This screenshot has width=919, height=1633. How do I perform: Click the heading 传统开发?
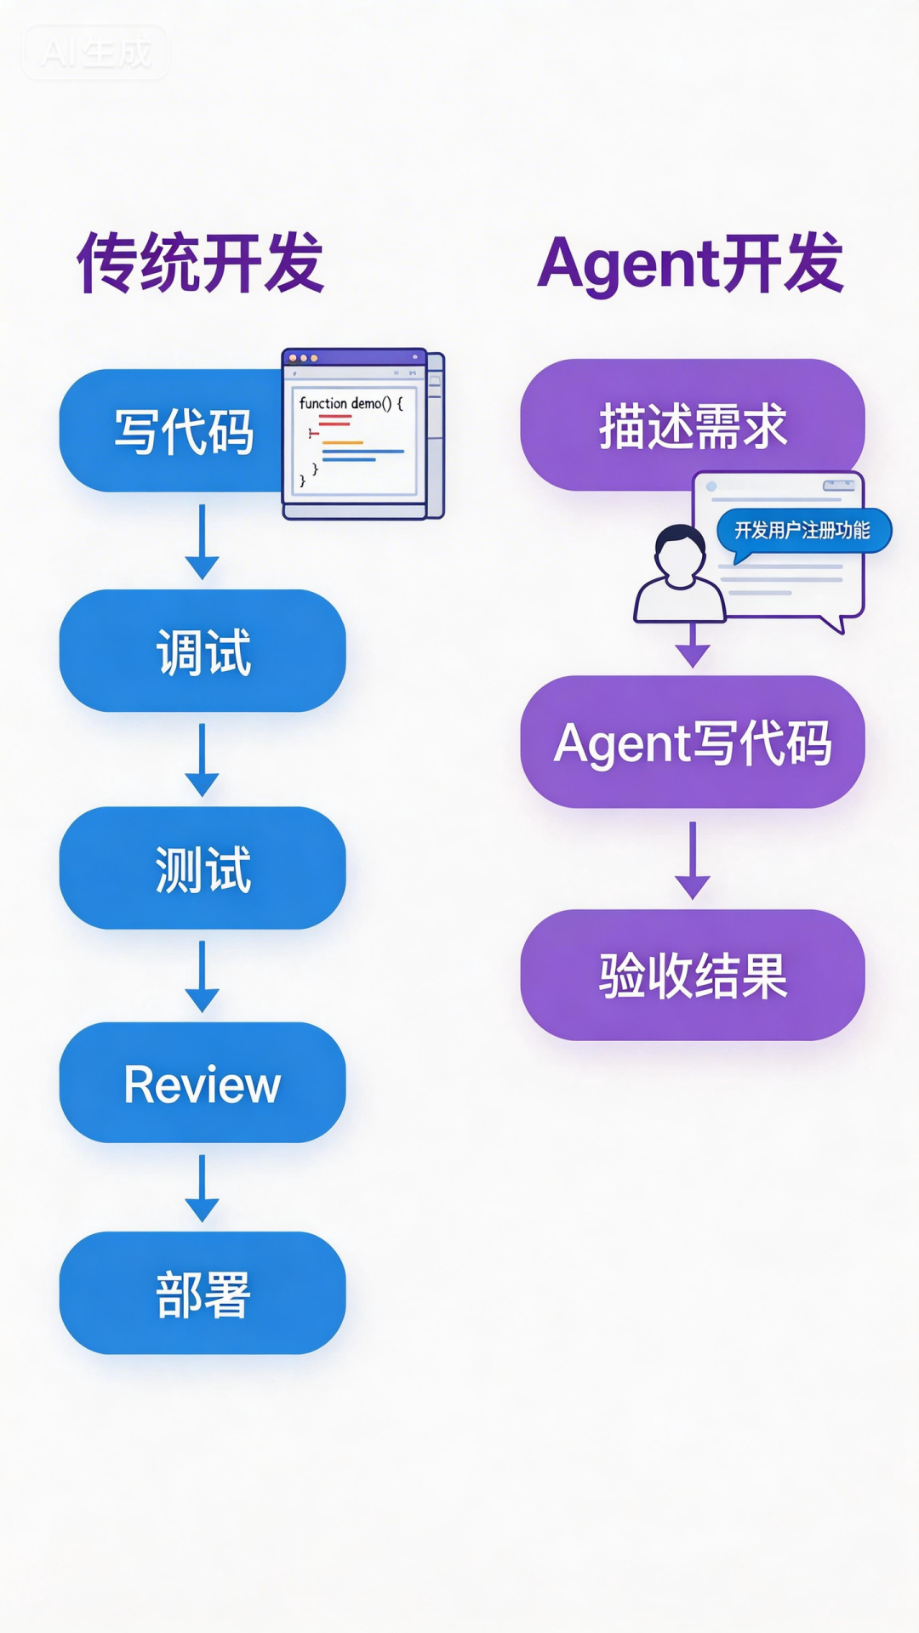coord(201,263)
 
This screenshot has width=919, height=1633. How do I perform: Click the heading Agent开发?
coord(691,263)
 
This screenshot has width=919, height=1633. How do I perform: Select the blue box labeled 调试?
coord(203,651)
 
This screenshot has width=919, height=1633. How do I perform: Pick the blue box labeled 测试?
coord(203,868)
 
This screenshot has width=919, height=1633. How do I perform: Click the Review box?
coord(203,1083)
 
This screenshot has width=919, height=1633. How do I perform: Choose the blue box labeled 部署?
coord(203,1293)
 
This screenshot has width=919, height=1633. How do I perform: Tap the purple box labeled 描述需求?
coord(692,424)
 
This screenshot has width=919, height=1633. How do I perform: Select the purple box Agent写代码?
coord(692,742)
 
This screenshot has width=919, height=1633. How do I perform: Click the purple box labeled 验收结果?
coord(692,975)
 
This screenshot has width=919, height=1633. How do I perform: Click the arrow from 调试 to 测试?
coord(203,760)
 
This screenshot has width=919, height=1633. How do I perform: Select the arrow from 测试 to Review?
coord(203,976)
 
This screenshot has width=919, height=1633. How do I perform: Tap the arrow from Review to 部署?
coord(203,1188)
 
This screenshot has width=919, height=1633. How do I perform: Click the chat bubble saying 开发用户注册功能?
coord(802,531)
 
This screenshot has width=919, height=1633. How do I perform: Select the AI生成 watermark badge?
coord(95,53)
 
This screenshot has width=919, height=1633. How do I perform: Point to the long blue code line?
coord(362,452)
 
